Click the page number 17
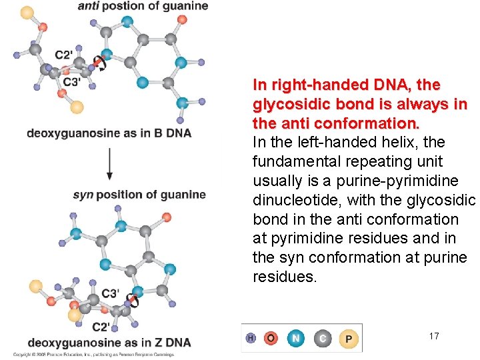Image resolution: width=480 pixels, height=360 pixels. pos(434,336)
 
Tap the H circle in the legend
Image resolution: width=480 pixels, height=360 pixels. pos(250,339)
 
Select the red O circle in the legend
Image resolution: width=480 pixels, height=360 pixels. pos(271,339)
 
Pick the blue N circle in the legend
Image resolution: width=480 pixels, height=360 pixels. pos(296,339)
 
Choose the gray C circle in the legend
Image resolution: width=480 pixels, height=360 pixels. pos(322,339)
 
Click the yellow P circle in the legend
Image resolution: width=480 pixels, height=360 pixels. pos(349,339)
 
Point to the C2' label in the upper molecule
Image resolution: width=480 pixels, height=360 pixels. pos(63,55)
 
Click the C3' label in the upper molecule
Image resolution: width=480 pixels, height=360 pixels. pos(72,82)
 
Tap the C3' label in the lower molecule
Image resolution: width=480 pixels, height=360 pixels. pos(110,294)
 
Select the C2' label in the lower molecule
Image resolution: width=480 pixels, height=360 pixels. pos(100,326)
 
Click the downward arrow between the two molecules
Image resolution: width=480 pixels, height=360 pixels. pos(109,163)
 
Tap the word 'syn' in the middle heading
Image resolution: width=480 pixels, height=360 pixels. pos(83,195)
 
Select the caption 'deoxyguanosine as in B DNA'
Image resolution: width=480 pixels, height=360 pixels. pos(109,133)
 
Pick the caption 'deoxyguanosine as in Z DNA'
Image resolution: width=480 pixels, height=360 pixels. pos(109,343)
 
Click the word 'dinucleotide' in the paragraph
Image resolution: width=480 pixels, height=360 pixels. pos(292,200)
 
